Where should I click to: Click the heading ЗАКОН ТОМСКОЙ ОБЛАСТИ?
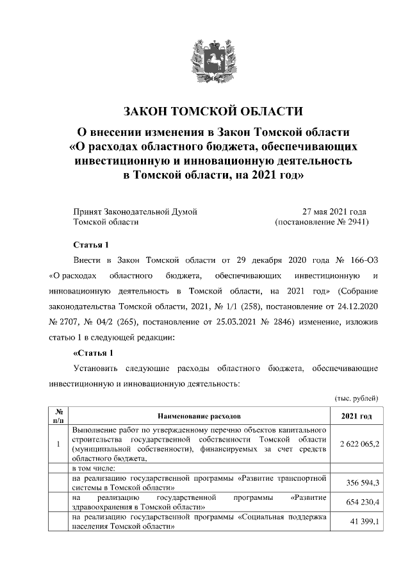coord(204,111)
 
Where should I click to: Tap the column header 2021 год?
coord(356,416)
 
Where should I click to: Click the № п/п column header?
coord(58,416)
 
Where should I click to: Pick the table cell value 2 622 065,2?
coord(356,443)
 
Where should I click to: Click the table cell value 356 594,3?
coord(359,482)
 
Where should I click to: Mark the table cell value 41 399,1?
coord(361,522)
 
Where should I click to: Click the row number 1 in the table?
coord(58,443)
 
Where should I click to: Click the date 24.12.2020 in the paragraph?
coord(357,306)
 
